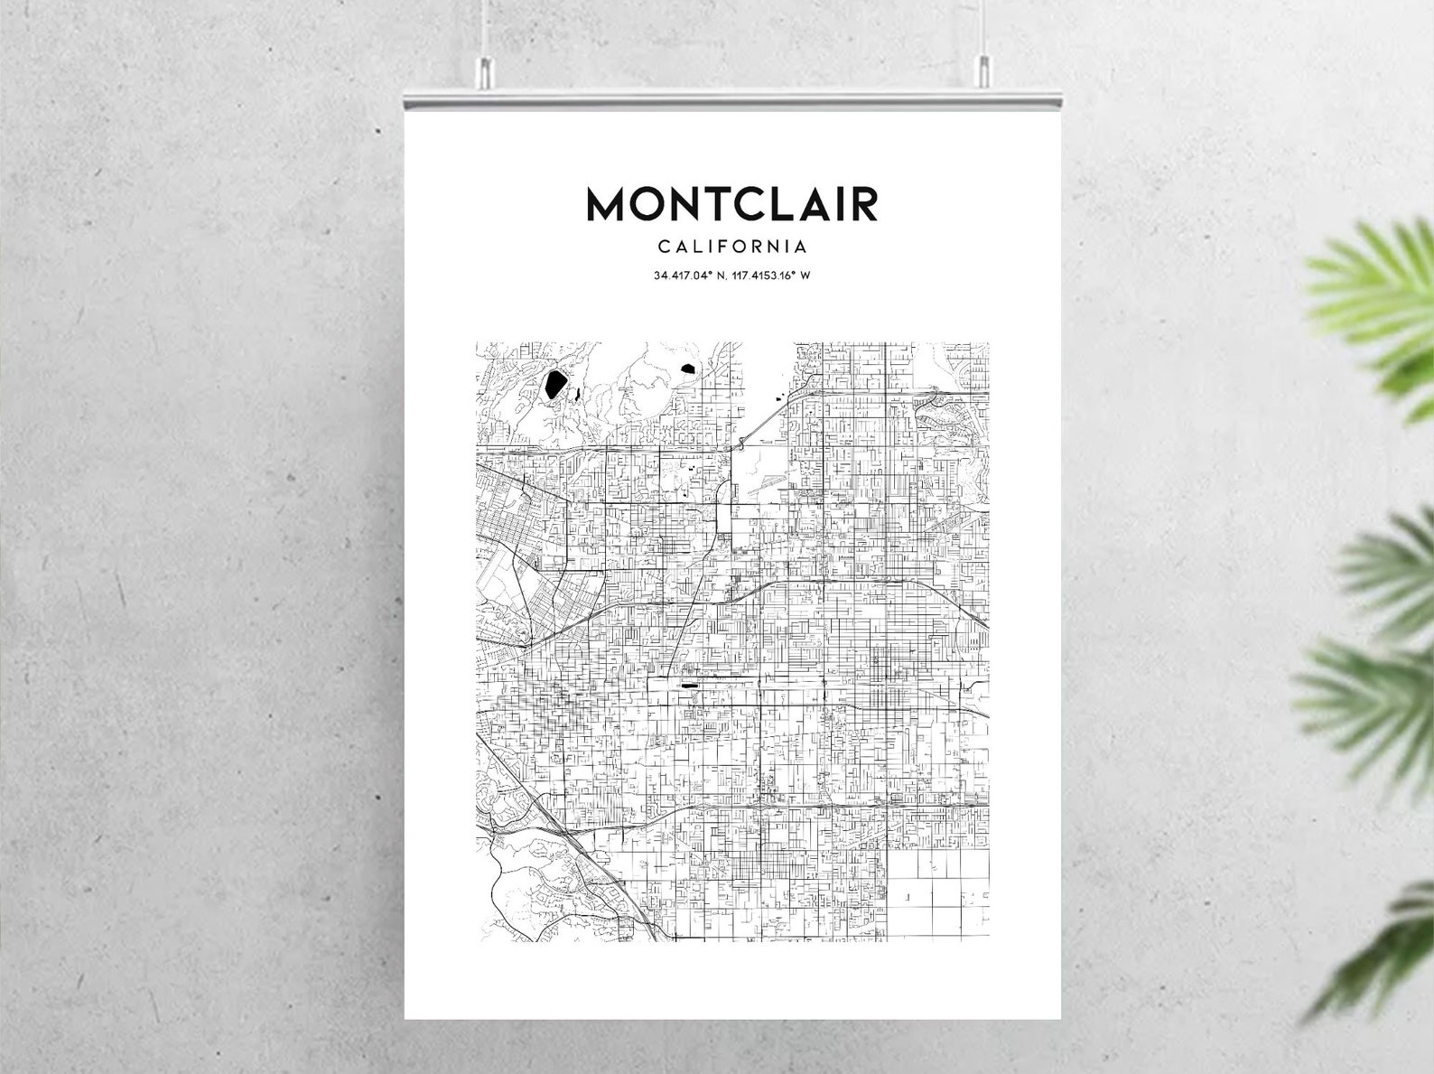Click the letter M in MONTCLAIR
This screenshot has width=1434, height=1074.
point(608,204)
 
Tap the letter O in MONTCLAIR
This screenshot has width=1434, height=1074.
point(652,204)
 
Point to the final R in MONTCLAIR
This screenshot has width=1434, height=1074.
point(864,204)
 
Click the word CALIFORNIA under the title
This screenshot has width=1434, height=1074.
point(732,247)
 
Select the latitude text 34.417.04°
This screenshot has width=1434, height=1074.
point(684,276)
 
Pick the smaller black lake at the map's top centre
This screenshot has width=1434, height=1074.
point(688,369)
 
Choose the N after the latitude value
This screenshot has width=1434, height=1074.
point(720,276)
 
